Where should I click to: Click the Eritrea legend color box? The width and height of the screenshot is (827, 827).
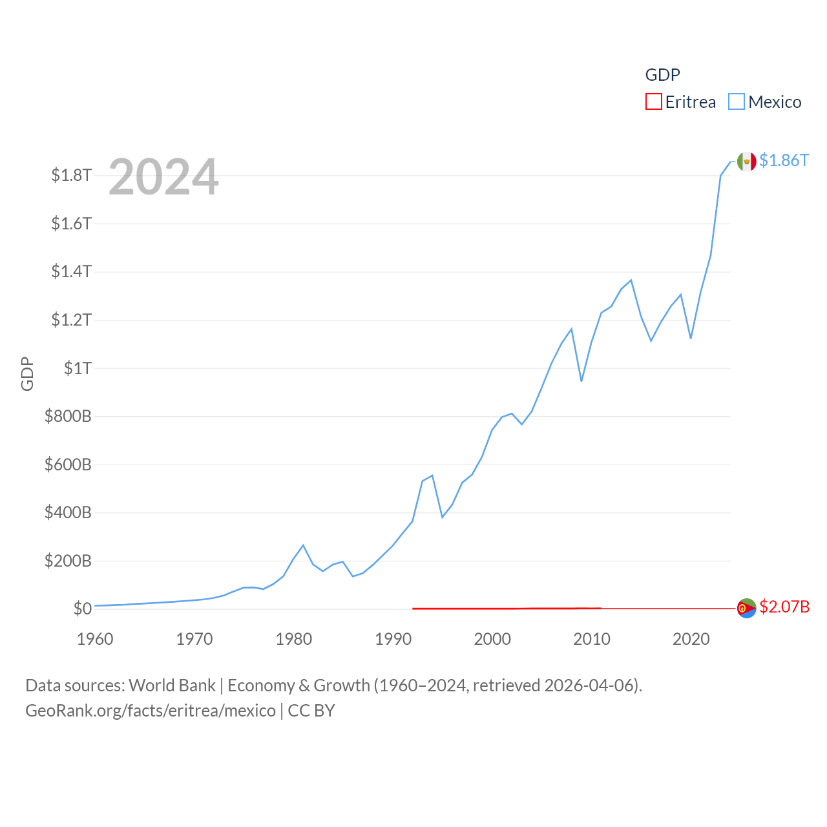654,102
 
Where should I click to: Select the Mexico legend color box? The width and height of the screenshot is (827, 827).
737,102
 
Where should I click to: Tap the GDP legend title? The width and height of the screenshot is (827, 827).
662,75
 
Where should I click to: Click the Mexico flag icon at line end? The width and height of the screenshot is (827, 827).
746,162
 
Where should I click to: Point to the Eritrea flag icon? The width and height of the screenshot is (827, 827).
746,608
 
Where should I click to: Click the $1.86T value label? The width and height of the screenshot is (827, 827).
784,160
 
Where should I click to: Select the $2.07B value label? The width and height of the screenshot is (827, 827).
784,607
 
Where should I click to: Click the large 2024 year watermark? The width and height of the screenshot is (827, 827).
163,177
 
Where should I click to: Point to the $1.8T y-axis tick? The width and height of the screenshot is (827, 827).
71,175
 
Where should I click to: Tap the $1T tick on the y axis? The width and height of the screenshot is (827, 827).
78,368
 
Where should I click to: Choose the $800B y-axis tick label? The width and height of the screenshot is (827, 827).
68,416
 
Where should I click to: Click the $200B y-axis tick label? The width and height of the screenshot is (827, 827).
68,561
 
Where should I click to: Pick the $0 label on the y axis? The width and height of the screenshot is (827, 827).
82,609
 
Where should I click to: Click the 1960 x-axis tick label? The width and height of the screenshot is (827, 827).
95,639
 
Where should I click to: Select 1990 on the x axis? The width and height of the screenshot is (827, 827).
393,639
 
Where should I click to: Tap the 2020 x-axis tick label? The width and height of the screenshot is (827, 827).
691,639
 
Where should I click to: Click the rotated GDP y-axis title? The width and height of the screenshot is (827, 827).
27,373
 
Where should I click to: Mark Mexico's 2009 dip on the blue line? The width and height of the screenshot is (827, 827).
581,381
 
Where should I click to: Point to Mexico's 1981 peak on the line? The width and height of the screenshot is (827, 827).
303,545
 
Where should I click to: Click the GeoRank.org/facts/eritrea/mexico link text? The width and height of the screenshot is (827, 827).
151,711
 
